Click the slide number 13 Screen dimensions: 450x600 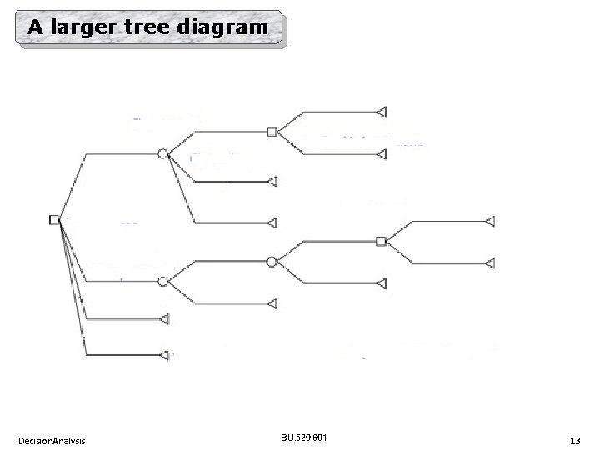[575, 439]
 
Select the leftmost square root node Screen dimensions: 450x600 [54, 219]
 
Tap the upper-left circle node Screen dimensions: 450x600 [163, 153]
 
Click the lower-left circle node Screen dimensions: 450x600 [163, 281]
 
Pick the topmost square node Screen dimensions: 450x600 [272, 131]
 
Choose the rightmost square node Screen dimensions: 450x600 [381, 241]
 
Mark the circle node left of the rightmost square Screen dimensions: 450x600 [272, 262]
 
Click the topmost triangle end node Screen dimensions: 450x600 [382, 111]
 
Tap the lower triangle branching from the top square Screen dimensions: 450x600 [382, 154]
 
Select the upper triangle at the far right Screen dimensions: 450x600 [491, 221]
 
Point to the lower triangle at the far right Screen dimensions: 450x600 [491, 263]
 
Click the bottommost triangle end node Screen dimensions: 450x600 [164, 354]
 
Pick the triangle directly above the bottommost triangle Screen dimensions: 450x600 [164, 318]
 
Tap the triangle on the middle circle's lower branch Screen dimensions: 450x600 [272, 303]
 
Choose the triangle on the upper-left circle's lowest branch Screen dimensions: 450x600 [272, 222]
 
